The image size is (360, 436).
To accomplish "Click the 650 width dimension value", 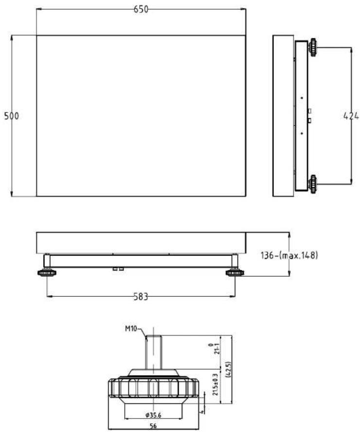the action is (141, 9).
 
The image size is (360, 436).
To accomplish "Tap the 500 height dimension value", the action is (12, 116).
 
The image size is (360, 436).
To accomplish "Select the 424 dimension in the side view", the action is (351, 116).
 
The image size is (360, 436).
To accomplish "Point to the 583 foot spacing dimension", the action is (141, 297).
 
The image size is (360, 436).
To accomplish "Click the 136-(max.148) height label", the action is (289, 255).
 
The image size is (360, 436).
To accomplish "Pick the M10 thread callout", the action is (131, 328).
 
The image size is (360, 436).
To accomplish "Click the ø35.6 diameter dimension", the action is (153, 416).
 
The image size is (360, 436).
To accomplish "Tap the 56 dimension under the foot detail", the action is (153, 426).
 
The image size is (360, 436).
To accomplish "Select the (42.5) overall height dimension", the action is (229, 369).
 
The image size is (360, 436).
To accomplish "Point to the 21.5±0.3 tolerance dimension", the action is (216, 384).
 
